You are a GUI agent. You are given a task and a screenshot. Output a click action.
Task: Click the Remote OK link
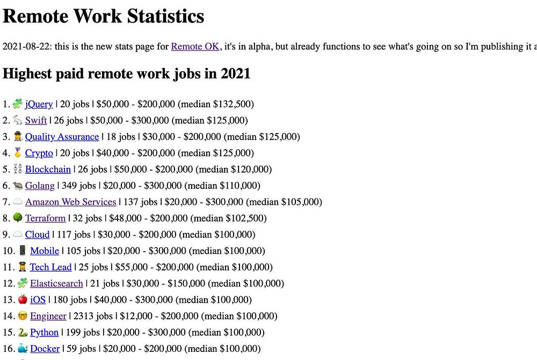195,47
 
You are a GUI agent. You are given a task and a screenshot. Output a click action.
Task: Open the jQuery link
39,104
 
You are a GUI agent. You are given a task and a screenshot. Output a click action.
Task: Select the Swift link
36,120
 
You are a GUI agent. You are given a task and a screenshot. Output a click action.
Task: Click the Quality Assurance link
62,137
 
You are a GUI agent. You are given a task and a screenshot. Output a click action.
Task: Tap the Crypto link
39,153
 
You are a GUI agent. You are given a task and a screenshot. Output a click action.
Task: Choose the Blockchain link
48,169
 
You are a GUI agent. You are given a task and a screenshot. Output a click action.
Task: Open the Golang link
40,186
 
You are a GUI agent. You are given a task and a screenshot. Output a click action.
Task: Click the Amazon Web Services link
70,202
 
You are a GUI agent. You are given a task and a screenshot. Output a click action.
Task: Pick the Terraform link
45,218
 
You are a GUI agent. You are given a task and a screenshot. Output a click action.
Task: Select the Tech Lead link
50,267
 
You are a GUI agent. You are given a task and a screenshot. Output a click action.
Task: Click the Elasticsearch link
56,283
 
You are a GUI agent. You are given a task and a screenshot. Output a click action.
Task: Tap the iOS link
38,300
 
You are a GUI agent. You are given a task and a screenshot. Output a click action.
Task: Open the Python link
44,333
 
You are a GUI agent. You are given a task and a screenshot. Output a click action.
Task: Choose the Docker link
45,349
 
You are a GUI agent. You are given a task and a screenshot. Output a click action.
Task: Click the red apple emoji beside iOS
23,299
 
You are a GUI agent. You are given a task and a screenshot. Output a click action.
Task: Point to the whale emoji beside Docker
23,348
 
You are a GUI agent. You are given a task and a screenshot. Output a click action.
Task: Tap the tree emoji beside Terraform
17,218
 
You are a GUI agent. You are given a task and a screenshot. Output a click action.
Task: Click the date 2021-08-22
26,47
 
